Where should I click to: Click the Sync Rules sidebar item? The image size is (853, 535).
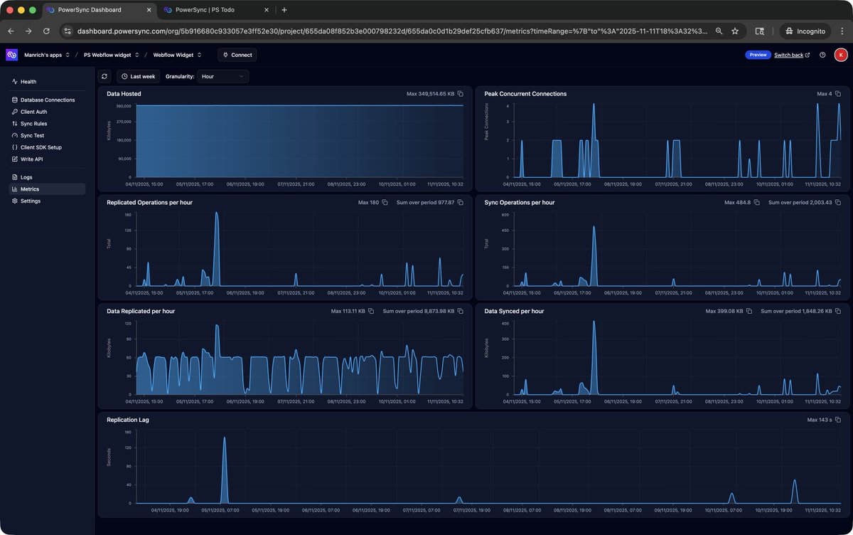(33, 124)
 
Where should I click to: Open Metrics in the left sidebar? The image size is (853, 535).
(30, 189)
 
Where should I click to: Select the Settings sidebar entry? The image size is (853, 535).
(31, 201)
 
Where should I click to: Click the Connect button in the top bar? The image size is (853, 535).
(237, 55)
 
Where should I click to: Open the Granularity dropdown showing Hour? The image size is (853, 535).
(222, 76)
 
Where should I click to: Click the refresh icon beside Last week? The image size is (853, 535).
(105, 76)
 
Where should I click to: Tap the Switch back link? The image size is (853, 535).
(788, 55)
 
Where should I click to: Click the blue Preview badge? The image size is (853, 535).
(758, 55)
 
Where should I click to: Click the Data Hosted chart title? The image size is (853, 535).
(124, 94)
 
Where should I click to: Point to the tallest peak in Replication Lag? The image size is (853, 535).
(225, 438)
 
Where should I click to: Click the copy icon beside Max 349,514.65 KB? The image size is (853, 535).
(461, 94)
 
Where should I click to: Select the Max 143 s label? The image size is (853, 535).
(820, 420)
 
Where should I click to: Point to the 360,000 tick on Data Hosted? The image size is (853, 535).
(122, 106)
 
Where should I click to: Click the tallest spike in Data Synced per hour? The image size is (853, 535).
(594, 322)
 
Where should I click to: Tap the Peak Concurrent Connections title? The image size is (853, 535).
(525, 94)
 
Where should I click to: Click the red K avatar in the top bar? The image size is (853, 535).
(840, 55)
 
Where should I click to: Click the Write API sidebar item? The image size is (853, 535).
(33, 159)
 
